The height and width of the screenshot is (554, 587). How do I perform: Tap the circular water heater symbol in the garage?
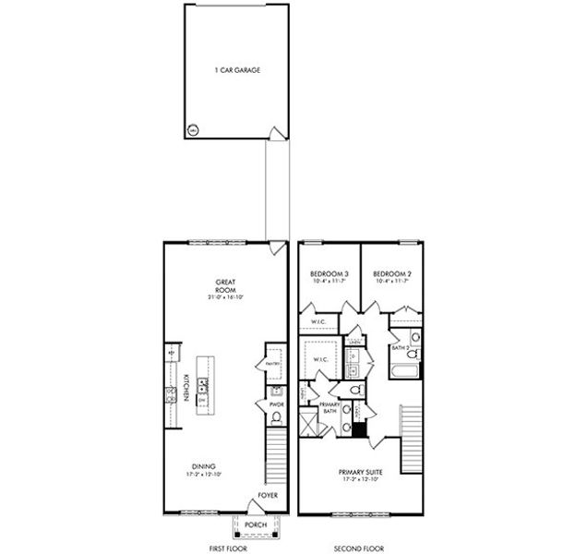[x=193, y=130]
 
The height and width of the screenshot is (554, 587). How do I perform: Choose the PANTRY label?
[x=272, y=364]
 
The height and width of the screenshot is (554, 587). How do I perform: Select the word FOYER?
[x=268, y=496]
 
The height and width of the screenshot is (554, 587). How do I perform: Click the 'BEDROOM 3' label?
[x=329, y=274]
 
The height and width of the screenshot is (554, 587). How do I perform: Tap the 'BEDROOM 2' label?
[x=391, y=274]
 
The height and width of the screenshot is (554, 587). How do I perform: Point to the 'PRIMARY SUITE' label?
[x=361, y=473]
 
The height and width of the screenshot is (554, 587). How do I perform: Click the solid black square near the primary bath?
[x=360, y=428]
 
